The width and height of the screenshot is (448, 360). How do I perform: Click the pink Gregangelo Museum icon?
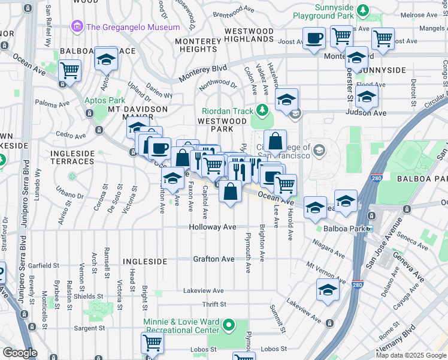tap(77, 27)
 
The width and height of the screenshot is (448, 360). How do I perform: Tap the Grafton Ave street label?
tap(213, 259)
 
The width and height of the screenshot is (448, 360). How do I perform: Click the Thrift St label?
tap(213, 305)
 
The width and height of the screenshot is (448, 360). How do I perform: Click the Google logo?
tap(19, 352)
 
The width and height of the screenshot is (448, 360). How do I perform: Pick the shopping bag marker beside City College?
tap(275, 142)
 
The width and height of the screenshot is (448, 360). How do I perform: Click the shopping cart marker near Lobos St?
tap(152, 343)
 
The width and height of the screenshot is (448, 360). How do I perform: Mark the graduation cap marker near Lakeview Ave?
tap(327, 290)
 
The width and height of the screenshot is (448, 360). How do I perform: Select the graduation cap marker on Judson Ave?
tap(367, 96)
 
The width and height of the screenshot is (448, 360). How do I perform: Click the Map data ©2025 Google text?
tap(410, 355)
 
